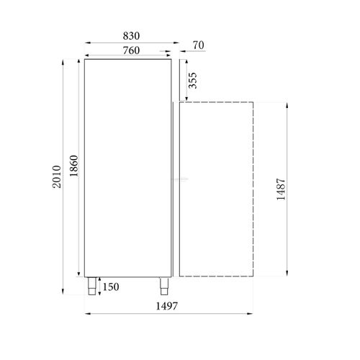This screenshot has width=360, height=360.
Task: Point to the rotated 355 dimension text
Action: (192, 81)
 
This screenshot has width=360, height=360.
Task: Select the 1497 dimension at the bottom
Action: (166, 307)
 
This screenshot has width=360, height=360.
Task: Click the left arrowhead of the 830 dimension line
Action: (86, 42)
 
